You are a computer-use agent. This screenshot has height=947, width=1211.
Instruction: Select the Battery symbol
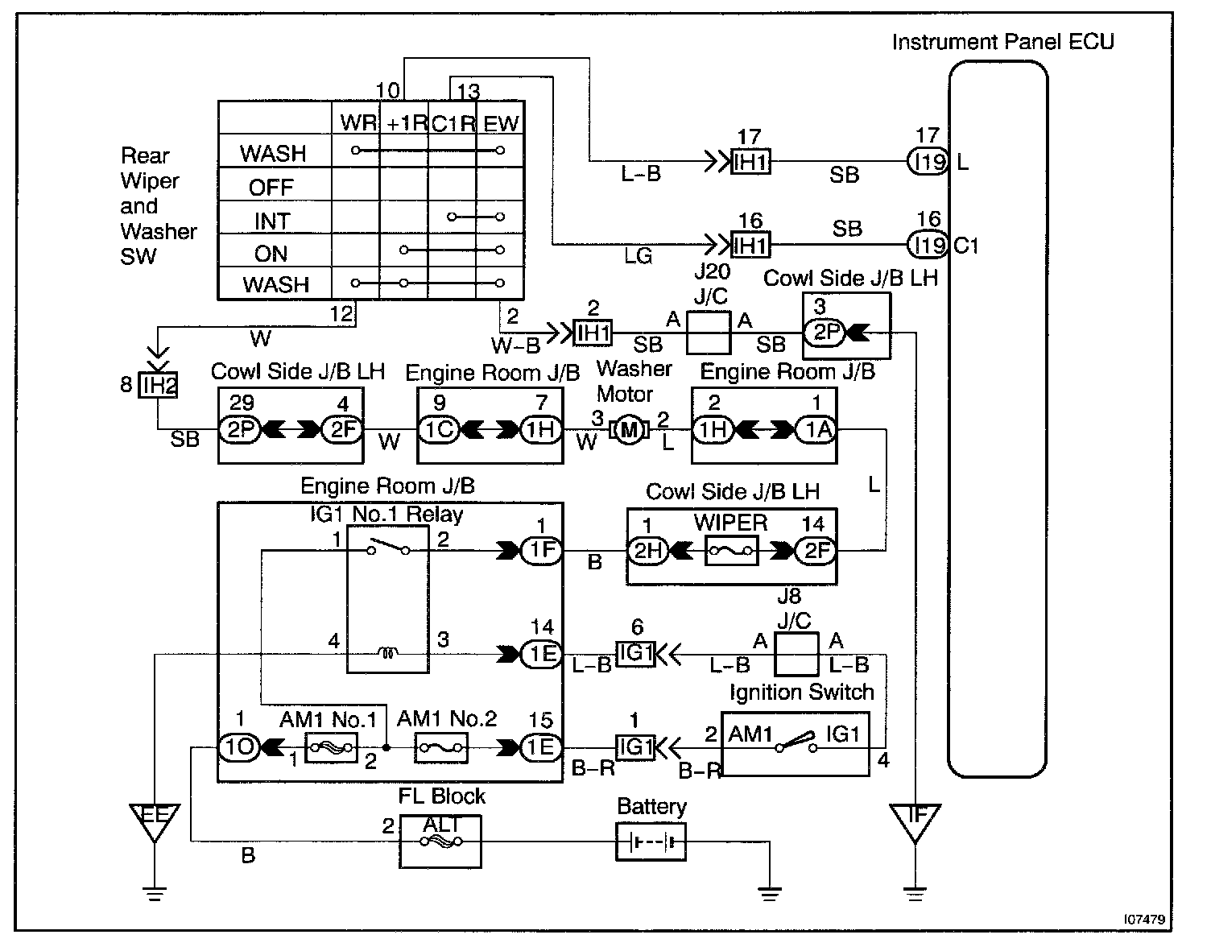[x=651, y=842]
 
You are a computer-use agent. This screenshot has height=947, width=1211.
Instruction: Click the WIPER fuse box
[x=731, y=552]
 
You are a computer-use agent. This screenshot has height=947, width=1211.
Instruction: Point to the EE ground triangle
[x=154, y=820]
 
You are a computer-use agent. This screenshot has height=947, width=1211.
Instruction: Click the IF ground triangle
[x=915, y=820]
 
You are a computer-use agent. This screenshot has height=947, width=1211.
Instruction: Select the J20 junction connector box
[x=709, y=333]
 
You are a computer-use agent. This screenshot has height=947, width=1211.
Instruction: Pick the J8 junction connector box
[x=796, y=654]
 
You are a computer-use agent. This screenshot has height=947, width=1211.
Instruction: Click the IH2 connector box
[x=158, y=385]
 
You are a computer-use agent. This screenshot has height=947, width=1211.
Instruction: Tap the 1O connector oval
[x=239, y=748]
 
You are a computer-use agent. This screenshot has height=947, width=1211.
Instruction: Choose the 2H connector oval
[x=648, y=552]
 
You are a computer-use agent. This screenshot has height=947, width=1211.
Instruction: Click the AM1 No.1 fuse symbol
[x=331, y=748]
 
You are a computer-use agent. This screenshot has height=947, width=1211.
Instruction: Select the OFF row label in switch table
[x=271, y=188]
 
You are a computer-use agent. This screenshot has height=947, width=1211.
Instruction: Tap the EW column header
[x=501, y=124]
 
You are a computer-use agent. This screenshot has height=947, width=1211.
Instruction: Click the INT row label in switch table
[x=271, y=221]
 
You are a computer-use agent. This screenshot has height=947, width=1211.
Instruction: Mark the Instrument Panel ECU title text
[x=1002, y=42]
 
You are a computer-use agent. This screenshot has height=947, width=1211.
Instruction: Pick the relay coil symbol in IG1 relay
[x=387, y=654]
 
